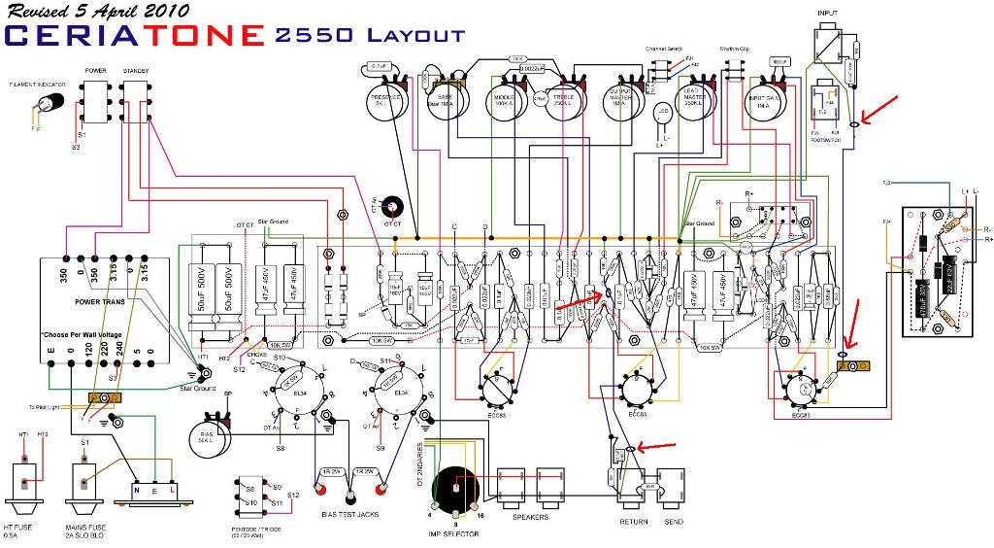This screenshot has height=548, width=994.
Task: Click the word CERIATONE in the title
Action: pyautogui.click(x=135, y=36)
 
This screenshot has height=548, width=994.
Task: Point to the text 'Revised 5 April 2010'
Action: pyautogui.click(x=98, y=12)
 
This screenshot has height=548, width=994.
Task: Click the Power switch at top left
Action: pyautogui.click(x=96, y=100)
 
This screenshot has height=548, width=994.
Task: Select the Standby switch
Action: pyautogui.click(x=136, y=100)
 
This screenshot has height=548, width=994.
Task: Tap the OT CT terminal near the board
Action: pyautogui.click(x=393, y=208)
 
